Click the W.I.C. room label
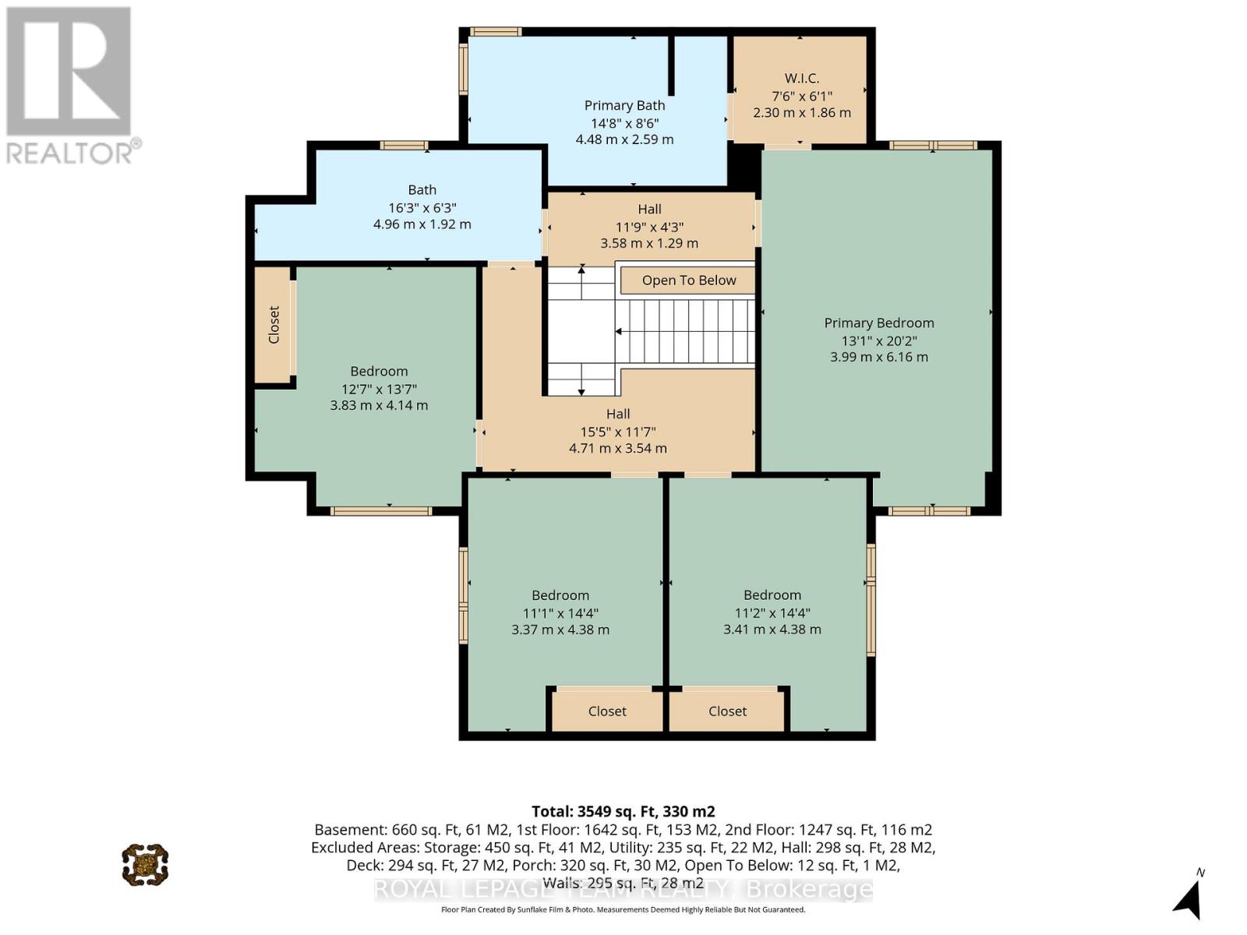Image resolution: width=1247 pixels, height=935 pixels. pyautogui.click(x=802, y=79)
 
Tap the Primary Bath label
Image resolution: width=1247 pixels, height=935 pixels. pyautogui.click(x=624, y=106)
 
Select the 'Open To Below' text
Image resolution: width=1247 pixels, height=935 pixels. pyautogui.click(x=688, y=280)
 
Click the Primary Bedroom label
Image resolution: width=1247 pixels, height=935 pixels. pyautogui.click(x=879, y=323)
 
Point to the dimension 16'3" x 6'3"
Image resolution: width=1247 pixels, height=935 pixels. pyautogui.click(x=422, y=208)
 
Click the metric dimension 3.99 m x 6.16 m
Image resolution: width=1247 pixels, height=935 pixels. pyautogui.click(x=879, y=357)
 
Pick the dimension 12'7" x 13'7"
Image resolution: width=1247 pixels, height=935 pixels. pyautogui.click(x=379, y=389)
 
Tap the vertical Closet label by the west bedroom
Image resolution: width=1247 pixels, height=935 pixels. pyautogui.click(x=274, y=325)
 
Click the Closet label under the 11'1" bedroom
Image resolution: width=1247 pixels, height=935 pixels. pyautogui.click(x=607, y=711)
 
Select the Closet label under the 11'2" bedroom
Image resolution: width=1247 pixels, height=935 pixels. pyautogui.click(x=727, y=711)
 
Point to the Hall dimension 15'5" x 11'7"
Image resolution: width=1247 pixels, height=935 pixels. pyautogui.click(x=617, y=432)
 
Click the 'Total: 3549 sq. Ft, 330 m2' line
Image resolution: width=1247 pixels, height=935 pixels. pyautogui.click(x=623, y=811)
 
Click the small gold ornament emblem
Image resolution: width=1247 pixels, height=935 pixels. pyautogui.click(x=145, y=865)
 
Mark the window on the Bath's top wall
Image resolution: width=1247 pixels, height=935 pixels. pyautogui.click(x=404, y=146)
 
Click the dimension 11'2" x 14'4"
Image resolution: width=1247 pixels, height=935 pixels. pyautogui.click(x=772, y=613)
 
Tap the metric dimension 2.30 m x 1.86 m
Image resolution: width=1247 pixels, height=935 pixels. pyautogui.click(x=802, y=112)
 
